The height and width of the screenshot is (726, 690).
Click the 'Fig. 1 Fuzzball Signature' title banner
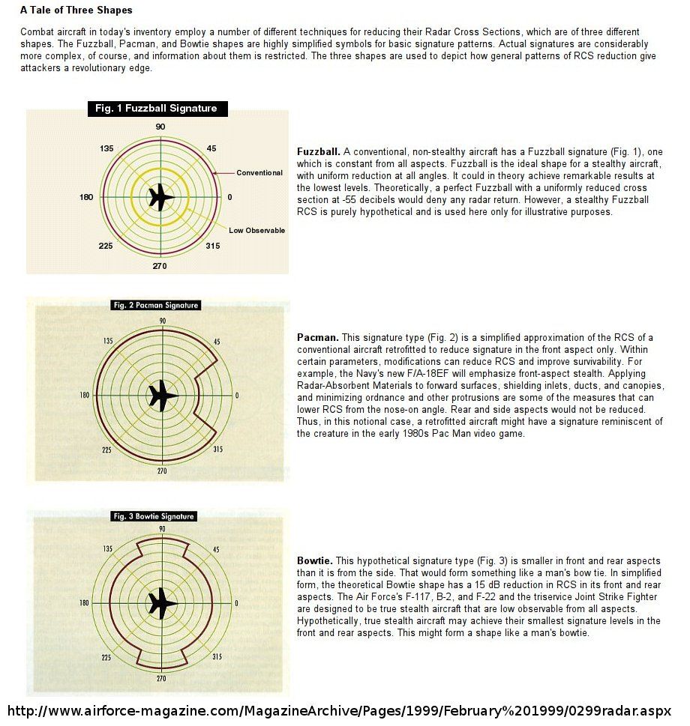coord(155,109)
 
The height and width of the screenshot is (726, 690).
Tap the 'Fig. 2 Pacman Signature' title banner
coord(155,305)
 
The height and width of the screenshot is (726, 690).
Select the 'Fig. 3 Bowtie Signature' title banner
coord(153,516)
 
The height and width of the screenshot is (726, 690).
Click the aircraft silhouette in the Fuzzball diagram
coord(160,198)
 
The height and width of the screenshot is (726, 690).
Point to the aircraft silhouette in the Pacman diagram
coord(161,396)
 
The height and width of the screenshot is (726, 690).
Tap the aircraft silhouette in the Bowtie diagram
coord(161,602)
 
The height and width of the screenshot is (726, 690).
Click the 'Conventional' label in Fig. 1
coord(259,173)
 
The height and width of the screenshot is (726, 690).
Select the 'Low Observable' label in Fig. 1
coord(256,230)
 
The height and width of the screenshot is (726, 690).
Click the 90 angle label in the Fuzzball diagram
coord(160,127)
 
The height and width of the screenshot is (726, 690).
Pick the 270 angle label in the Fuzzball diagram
coord(160,267)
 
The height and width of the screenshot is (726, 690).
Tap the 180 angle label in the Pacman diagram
coord(85,396)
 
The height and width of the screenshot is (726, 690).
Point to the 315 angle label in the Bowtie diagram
coord(217,657)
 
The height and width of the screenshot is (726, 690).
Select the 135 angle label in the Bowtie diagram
coord(107,549)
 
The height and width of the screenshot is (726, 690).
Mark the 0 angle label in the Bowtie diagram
coord(237,602)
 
